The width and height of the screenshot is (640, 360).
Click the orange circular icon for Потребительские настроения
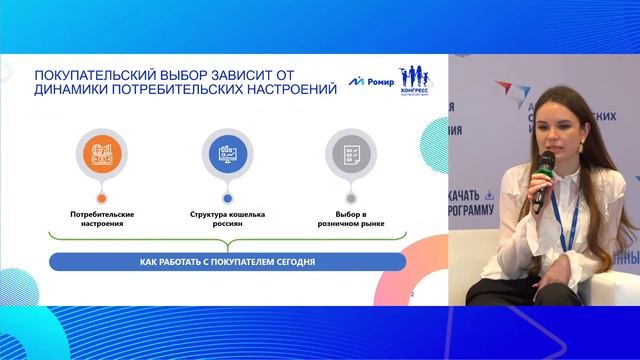pyautogui.click(x=101, y=154)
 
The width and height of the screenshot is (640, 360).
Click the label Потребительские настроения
pyautogui.click(x=102, y=219)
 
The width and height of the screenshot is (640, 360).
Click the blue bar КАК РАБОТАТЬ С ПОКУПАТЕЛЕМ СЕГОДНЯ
pyautogui.click(x=228, y=262)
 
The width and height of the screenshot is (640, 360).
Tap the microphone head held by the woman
pyautogui.click(x=547, y=160)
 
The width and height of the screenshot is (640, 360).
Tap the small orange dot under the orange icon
pyautogui.click(x=101, y=199)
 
